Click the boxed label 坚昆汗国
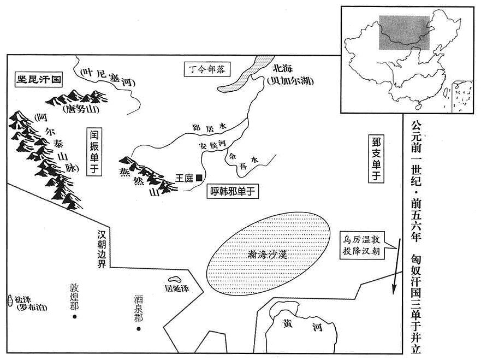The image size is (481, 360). (39, 80)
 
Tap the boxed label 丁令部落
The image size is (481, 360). (207, 69)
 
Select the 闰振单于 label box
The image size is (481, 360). (94, 151)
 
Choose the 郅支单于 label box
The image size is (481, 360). (376, 158)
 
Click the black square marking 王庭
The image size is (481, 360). (199, 178)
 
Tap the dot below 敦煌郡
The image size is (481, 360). (74, 317)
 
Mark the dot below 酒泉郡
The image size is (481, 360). (138, 329)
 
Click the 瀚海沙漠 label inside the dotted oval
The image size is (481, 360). (268, 255)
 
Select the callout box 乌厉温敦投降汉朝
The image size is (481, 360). (362, 245)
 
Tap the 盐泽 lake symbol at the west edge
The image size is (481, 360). (9, 300)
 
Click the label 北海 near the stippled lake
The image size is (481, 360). (282, 68)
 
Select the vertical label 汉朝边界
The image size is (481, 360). (102, 249)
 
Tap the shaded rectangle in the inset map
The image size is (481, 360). (405, 33)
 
